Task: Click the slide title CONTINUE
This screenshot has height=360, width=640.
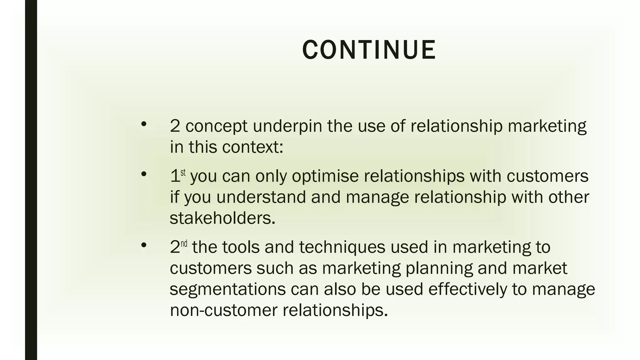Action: [x=369, y=50]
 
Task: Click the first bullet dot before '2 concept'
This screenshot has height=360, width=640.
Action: [x=144, y=124]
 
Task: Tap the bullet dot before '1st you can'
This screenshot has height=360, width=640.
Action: [x=144, y=174]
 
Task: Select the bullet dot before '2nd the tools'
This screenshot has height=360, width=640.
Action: [x=144, y=245]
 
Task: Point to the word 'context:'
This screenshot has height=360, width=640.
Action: [x=252, y=147]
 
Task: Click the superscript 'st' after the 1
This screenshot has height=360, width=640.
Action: [x=183, y=172]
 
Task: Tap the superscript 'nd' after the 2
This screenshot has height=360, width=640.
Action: [x=184, y=243]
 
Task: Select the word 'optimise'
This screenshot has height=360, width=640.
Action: [x=325, y=176]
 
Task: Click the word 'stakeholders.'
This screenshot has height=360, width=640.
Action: [x=222, y=218]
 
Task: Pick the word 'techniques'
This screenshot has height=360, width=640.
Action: [x=342, y=247]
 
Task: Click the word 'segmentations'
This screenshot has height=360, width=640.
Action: [x=227, y=289]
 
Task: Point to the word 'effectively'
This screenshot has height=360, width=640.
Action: [x=467, y=289]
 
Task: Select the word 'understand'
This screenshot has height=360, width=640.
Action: [x=261, y=197]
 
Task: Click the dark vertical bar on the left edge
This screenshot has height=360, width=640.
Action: [x=31, y=180]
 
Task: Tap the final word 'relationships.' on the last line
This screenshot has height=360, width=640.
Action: [x=335, y=310]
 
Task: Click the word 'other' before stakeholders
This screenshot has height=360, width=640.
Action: [x=568, y=197]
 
